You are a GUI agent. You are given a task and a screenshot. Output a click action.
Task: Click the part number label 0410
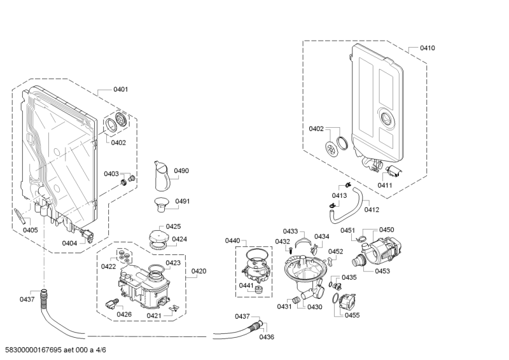pos(427,48)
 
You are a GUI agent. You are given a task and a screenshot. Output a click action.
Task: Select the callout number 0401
pos(121,90)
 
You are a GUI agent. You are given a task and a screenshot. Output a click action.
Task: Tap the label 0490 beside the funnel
pos(182,171)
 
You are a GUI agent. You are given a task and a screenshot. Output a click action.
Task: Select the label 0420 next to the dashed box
pos(199,272)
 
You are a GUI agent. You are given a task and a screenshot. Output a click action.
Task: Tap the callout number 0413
pos(338,195)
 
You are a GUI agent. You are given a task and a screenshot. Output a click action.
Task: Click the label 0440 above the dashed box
pos(232,240)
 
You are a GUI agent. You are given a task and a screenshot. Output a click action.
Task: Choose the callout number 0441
pos(246,286)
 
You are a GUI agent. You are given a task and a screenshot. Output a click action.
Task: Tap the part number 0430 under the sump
pos(315,307)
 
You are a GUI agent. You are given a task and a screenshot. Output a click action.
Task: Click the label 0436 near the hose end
pos(267,336)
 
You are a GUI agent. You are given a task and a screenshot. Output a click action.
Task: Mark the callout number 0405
pos(30,230)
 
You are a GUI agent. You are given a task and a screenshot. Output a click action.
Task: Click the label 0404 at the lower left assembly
pos(69,243)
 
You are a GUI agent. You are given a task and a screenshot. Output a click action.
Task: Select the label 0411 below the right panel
pos(385,185)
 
